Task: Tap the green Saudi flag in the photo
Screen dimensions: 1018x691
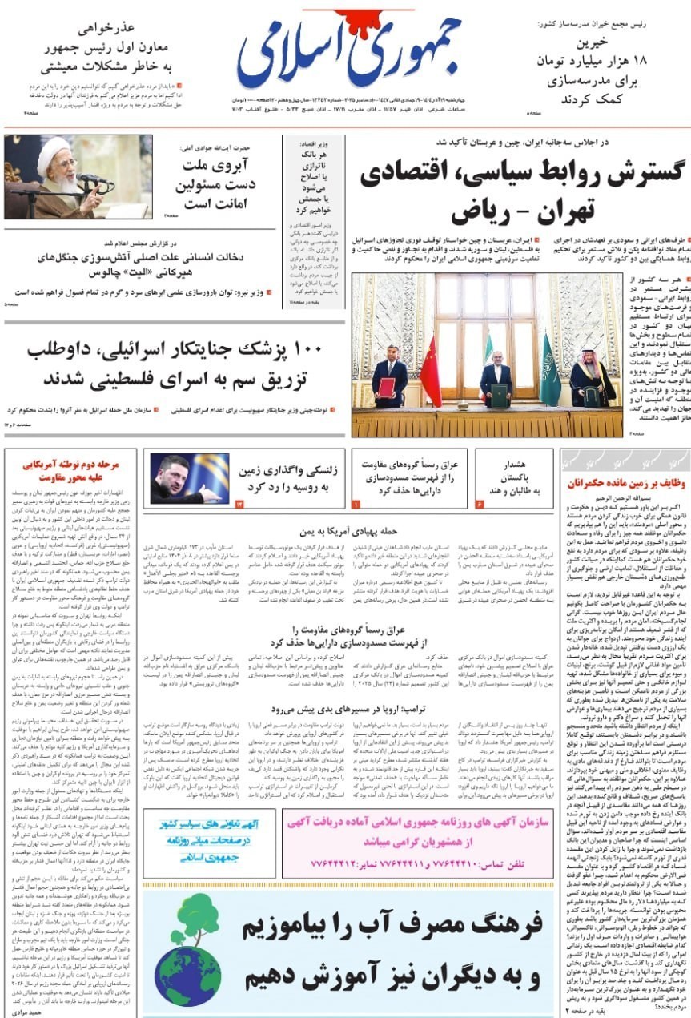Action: (550, 369)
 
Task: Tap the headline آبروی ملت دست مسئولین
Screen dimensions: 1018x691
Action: (215, 185)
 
